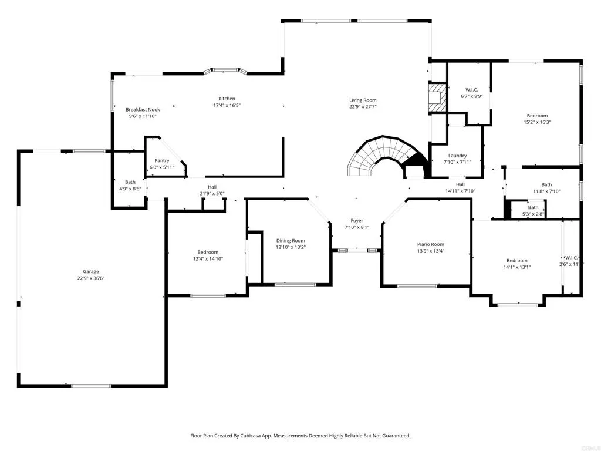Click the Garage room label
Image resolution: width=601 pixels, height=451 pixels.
point(90,271)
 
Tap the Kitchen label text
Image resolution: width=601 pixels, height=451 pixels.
point(227,99)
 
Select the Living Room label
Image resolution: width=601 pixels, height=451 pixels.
point(363,100)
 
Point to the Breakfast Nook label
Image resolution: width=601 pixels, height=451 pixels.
point(143,109)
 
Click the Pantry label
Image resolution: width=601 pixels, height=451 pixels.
point(162,160)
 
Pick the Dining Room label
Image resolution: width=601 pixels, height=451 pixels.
point(291,240)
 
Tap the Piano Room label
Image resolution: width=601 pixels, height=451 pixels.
point(430,244)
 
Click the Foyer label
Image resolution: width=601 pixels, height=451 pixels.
point(357,221)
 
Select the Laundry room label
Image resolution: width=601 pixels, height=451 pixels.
point(457,156)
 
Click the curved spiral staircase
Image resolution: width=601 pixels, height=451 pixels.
point(376,156)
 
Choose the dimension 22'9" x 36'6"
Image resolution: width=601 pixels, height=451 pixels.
point(90,278)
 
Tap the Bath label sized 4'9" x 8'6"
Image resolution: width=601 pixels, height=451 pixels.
point(130,182)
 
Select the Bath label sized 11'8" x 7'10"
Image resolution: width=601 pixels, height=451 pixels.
point(546,184)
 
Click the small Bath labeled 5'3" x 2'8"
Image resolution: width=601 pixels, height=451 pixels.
point(533,207)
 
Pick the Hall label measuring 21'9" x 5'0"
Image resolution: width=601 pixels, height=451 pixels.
point(212,187)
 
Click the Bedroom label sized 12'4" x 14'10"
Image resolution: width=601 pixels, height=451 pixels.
point(208,252)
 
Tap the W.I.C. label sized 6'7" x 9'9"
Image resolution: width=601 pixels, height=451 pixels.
point(472,90)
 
